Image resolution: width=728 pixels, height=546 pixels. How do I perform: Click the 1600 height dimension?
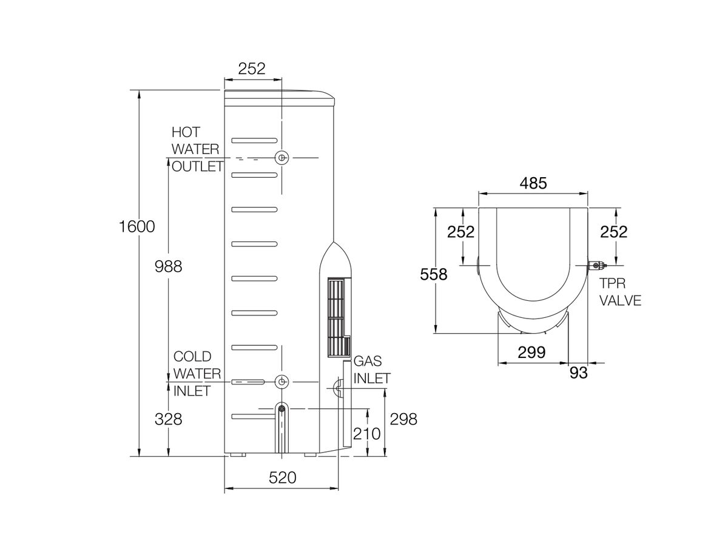(x=137, y=226)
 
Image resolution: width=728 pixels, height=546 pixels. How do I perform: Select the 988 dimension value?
(x=168, y=266)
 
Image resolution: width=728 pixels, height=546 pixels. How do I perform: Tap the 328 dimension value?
(x=168, y=419)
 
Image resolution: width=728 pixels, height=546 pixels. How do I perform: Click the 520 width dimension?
(x=282, y=477)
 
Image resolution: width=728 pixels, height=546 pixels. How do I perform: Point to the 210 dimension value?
(x=366, y=434)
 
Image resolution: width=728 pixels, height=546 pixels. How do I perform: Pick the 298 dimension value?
(x=403, y=419)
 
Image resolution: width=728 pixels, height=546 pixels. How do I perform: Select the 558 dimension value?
(x=434, y=274)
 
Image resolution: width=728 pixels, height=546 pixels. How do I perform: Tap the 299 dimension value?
(x=532, y=352)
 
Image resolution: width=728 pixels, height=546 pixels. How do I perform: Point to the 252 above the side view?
(x=252, y=69)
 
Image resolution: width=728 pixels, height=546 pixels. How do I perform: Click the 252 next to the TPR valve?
(x=613, y=231)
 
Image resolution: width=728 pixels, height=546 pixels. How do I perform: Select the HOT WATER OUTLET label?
(x=197, y=149)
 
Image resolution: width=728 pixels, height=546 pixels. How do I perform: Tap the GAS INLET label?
(x=371, y=369)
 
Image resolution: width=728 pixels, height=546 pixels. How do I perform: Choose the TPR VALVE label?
(x=619, y=291)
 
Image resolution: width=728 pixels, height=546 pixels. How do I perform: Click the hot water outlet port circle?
(x=281, y=158)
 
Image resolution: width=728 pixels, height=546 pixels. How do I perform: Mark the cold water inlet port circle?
(x=281, y=382)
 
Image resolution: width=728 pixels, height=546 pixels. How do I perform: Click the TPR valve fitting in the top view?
(x=597, y=266)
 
